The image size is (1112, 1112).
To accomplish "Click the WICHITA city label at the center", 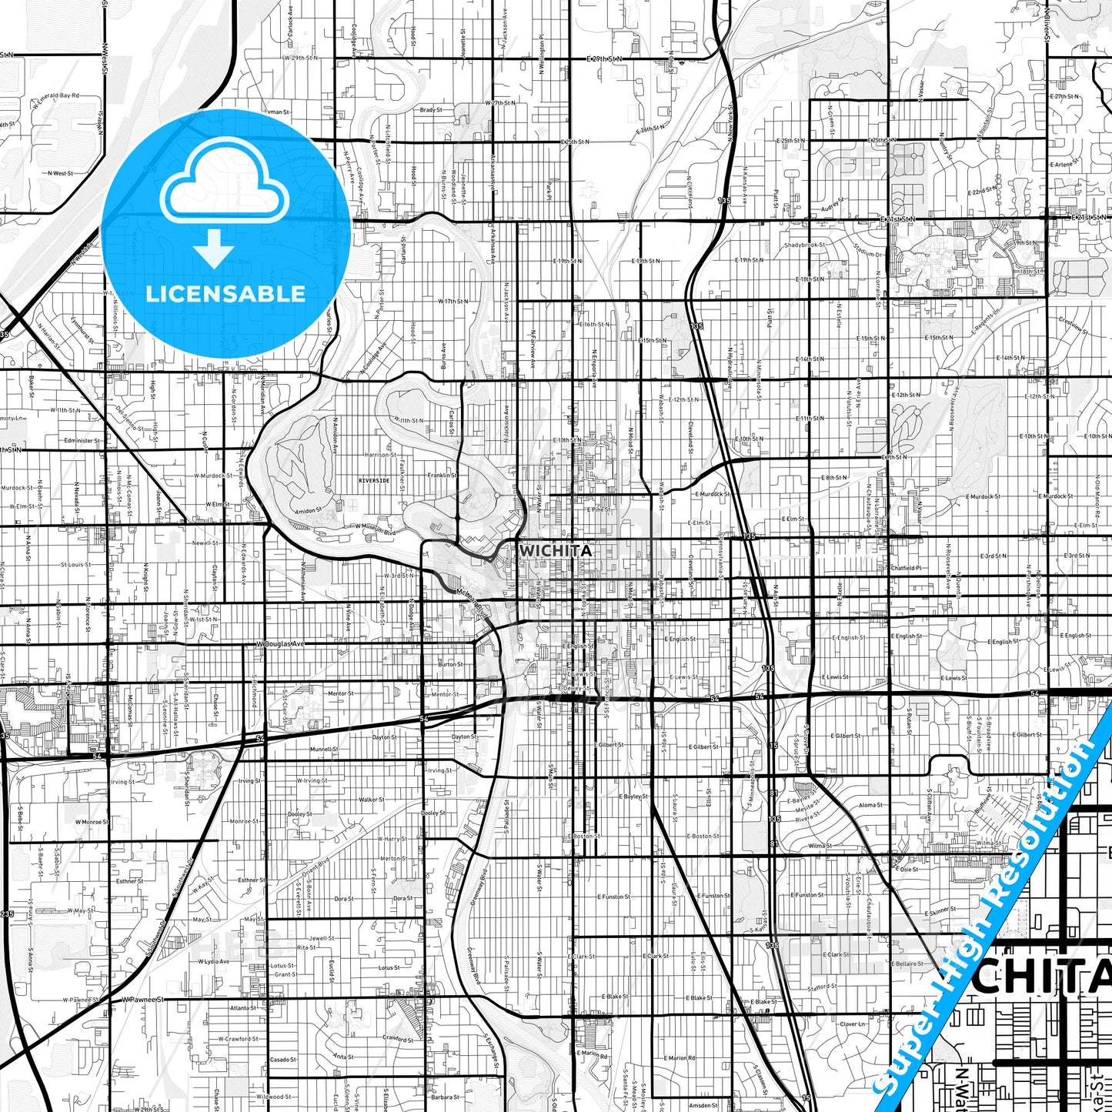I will pyautogui.click(x=556, y=551).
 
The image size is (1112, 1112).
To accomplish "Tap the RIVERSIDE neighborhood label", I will pyautogui.click(x=374, y=480).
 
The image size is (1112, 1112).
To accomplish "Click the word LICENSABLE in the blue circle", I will pyautogui.click(x=225, y=294).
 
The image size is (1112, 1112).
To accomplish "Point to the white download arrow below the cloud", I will pyautogui.click(x=214, y=247).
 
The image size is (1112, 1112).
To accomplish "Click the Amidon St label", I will pyautogui.click(x=308, y=510).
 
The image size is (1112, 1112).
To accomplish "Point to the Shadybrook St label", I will pyautogui.click(x=804, y=245).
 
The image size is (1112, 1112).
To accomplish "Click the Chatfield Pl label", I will pyautogui.click(x=905, y=568).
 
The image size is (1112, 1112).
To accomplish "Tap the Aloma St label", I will pyautogui.click(x=870, y=805).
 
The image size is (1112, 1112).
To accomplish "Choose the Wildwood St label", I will pyautogui.click(x=273, y=1097).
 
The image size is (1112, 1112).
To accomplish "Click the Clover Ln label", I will pyautogui.click(x=853, y=1024).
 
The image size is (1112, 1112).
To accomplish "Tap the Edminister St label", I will pyautogui.click(x=82, y=441).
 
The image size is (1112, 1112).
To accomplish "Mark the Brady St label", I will pyautogui.click(x=431, y=110).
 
